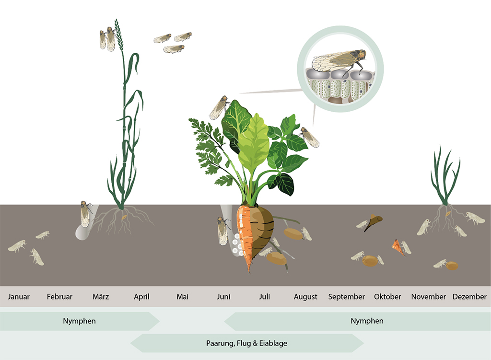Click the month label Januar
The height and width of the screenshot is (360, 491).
point(19,296)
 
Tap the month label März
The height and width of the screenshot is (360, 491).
point(101,296)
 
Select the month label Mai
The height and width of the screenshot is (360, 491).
point(183,296)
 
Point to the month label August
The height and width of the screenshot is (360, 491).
point(305,297)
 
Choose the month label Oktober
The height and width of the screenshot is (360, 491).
point(387,296)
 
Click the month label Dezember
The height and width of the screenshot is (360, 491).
point(469,296)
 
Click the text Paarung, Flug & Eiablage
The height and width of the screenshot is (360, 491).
point(246,343)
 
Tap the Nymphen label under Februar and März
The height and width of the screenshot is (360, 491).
point(79,321)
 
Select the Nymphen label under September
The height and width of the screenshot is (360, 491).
point(367,321)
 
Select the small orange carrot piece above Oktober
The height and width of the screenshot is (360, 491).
point(397,247)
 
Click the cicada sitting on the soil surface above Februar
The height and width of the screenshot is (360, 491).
point(85,214)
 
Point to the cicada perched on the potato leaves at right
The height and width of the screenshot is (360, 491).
point(309,137)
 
